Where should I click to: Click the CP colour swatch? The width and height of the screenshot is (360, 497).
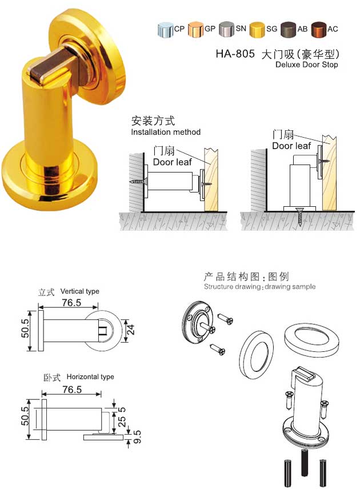[x=165, y=29]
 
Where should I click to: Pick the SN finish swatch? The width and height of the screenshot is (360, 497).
[x=226, y=29]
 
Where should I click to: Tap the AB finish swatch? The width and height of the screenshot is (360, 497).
[x=289, y=29]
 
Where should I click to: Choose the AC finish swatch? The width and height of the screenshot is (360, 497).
[x=319, y=29]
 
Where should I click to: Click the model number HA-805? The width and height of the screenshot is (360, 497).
[x=235, y=55]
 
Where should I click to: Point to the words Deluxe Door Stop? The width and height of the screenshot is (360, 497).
[x=307, y=65]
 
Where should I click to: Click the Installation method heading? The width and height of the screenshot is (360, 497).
[x=166, y=132]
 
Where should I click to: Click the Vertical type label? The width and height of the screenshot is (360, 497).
[x=79, y=291]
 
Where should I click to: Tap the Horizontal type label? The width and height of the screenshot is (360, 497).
[x=90, y=377]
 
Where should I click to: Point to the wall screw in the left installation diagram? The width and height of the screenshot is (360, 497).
[x=139, y=182]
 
